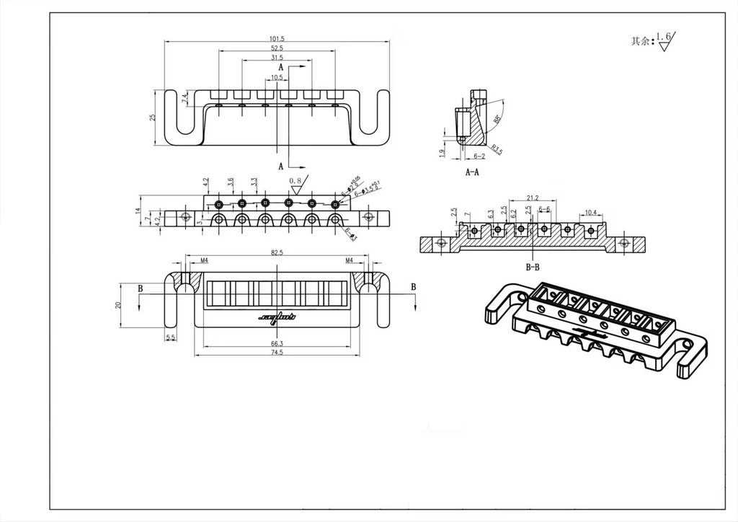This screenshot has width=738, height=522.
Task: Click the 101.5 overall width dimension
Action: (x=277, y=39)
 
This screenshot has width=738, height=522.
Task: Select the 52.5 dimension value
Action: (x=277, y=48)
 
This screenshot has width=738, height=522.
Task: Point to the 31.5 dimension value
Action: (x=277, y=57)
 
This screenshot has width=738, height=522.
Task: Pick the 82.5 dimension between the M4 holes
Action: (x=277, y=254)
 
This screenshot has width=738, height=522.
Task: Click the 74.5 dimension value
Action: (x=277, y=354)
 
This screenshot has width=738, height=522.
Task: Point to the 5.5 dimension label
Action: (x=170, y=337)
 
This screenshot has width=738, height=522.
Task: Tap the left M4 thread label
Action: (x=184, y=259)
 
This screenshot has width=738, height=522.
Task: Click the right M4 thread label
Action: (x=350, y=259)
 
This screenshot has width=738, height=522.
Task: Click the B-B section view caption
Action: (x=533, y=267)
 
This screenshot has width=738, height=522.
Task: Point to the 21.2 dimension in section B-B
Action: (x=533, y=197)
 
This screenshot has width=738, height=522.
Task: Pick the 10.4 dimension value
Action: (x=590, y=212)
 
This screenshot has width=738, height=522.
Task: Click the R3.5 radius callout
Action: (x=497, y=149)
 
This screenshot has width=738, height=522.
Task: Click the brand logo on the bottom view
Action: (x=277, y=317)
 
